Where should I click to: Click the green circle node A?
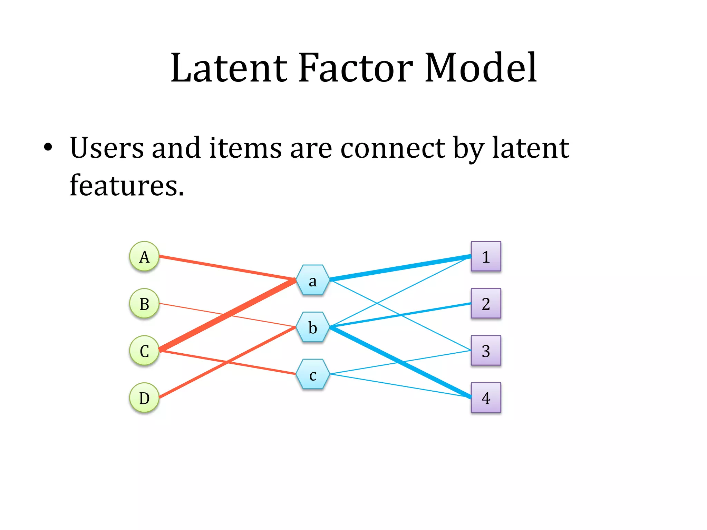144,256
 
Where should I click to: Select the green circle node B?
144,304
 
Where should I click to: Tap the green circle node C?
144,351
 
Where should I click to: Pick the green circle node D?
144,398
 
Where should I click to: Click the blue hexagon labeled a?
313,280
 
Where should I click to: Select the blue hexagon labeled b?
313,327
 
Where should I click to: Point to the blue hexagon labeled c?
313,374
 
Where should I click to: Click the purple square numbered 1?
486,256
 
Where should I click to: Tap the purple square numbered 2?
486,304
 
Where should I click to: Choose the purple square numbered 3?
486,351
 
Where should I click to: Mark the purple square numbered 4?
486,398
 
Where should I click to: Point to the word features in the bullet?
126,185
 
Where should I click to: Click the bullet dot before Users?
48,148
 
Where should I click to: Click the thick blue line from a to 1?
400,268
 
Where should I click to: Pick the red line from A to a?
228,268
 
